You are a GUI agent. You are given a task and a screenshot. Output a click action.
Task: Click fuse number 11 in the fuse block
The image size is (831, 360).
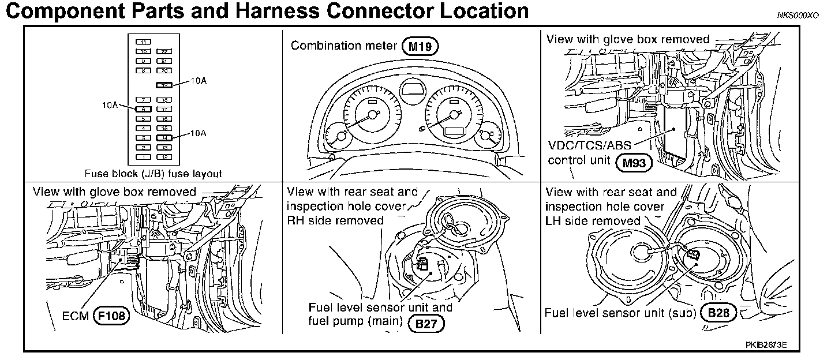143,42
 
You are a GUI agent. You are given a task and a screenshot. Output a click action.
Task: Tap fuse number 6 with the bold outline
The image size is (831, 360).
143,108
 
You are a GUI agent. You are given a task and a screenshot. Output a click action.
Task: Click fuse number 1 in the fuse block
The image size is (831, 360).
143,156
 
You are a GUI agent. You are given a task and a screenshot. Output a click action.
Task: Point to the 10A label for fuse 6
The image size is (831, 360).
111,106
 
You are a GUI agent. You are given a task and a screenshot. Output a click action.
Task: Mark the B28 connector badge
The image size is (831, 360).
718,313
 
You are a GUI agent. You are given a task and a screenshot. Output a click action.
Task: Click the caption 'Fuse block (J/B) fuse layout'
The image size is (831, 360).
153,173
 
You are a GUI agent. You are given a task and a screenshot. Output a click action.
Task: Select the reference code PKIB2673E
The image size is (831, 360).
766,345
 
